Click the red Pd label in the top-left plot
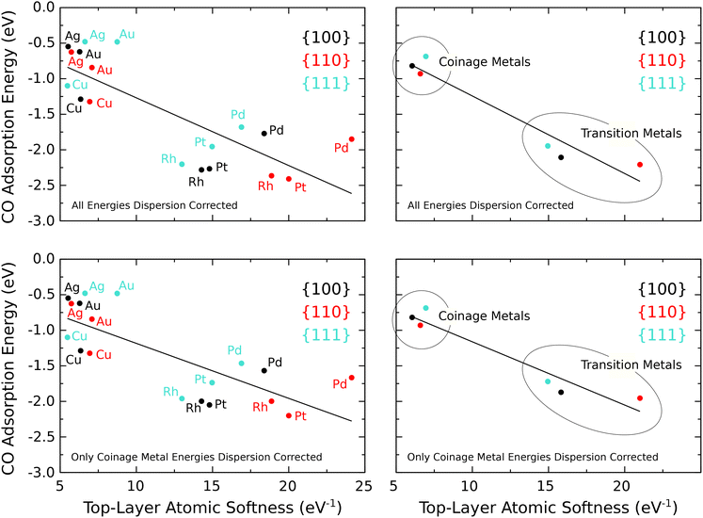pos(341,148)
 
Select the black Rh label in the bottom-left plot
pos(193,408)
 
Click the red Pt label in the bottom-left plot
pos(301,415)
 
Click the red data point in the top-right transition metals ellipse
pos(640,165)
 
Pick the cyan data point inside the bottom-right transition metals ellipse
pos(548,381)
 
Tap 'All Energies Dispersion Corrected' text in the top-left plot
pos(153,204)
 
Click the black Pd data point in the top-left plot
pos(264,134)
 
